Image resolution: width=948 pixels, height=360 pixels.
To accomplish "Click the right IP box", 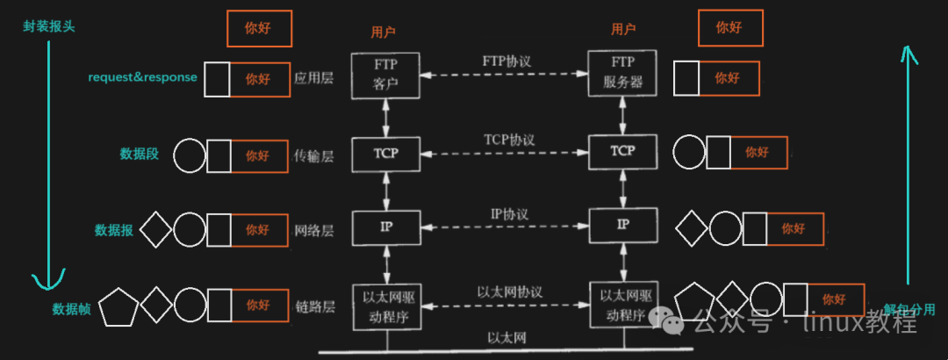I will [x=622, y=225].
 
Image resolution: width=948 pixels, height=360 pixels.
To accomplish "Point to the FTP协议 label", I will [x=506, y=62].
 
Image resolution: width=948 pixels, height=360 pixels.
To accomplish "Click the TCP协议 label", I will [x=508, y=140].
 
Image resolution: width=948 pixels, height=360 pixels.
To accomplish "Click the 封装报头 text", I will [x=49, y=25].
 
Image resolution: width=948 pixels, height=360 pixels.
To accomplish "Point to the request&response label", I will [x=142, y=77].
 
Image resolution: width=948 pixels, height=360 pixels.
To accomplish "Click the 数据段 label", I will [x=140, y=154].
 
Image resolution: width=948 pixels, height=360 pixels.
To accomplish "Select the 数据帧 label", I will [x=71, y=309].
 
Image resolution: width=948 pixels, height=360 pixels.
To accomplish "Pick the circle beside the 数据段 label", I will [x=190, y=155].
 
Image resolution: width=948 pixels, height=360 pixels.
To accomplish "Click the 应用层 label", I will [x=314, y=78].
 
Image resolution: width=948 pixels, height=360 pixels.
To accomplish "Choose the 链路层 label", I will [x=314, y=306].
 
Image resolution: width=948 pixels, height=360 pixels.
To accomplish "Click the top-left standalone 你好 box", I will [x=259, y=28].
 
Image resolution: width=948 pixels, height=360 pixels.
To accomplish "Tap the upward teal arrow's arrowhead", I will [x=910, y=58].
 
